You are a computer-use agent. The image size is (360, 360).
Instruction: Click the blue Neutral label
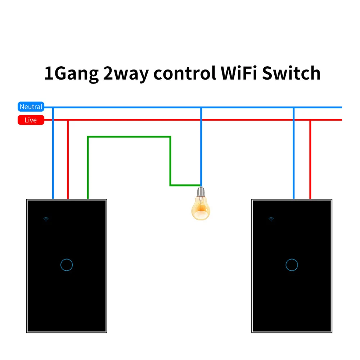[31, 107]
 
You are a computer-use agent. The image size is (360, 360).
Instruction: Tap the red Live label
[31, 120]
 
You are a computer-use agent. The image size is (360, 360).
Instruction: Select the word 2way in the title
[126, 74]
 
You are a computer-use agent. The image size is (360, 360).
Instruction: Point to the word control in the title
[185, 73]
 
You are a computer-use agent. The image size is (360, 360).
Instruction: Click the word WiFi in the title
[239, 73]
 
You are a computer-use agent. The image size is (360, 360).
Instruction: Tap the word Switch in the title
[291, 73]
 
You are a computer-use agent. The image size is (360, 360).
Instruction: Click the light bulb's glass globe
[201, 209]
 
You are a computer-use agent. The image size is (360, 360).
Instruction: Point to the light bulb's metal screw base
[201, 192]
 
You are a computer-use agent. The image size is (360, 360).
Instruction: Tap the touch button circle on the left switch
[67, 265]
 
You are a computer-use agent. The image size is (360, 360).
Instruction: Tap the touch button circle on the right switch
[292, 265]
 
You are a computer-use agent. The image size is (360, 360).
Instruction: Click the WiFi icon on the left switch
[46, 219]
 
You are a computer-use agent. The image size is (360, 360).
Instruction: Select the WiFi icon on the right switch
[271, 219]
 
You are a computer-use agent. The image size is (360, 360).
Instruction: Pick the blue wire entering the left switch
[53, 153]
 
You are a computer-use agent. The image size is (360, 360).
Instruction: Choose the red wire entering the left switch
[68, 159]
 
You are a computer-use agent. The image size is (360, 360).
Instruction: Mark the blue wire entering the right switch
[294, 153]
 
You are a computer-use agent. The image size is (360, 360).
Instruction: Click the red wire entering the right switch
[310, 159]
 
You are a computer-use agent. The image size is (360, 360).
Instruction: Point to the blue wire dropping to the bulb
[201, 147]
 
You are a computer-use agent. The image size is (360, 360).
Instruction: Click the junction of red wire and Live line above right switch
[310, 120]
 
